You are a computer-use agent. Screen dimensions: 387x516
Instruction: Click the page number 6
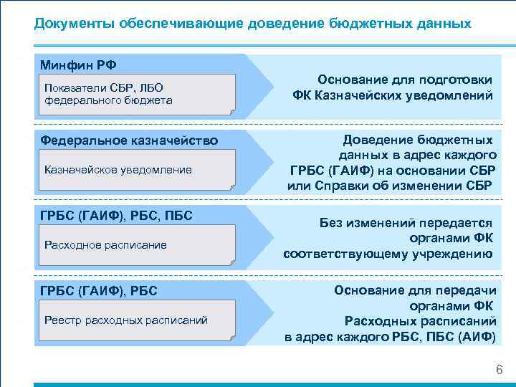499,370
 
